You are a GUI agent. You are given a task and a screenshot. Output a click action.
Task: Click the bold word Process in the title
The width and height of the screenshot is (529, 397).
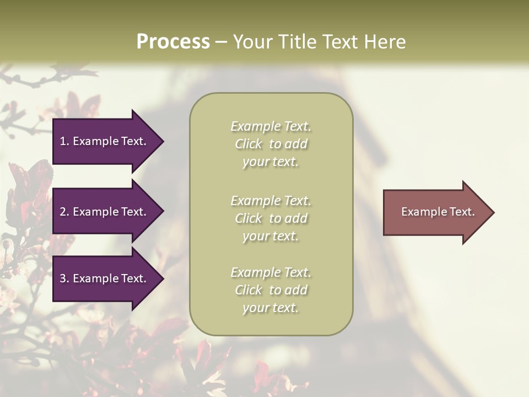pos(173,42)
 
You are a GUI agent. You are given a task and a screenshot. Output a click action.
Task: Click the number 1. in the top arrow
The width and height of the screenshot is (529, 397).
pos(64,141)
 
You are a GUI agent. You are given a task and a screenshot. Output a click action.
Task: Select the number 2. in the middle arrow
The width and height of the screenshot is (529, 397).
pos(64,212)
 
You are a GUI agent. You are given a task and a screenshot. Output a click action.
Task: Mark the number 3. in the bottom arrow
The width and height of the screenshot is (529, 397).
pos(64,278)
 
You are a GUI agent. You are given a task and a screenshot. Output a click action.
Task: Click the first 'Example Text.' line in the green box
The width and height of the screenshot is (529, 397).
pos(271,126)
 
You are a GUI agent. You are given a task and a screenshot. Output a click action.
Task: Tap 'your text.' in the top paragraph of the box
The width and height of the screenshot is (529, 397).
pos(271,162)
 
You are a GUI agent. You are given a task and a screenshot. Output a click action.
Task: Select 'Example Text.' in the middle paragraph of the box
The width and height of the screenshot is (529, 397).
pos(271,201)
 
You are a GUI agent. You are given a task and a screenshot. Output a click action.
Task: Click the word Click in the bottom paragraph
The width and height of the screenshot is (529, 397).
pos(249,290)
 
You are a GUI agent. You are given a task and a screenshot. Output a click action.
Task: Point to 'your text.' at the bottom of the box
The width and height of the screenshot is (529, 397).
pos(271,308)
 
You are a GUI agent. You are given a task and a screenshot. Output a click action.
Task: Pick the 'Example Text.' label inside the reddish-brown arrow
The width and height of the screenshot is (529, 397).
pos(438,212)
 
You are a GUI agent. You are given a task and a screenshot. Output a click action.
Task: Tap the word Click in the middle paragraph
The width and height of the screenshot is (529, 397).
pos(249,218)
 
